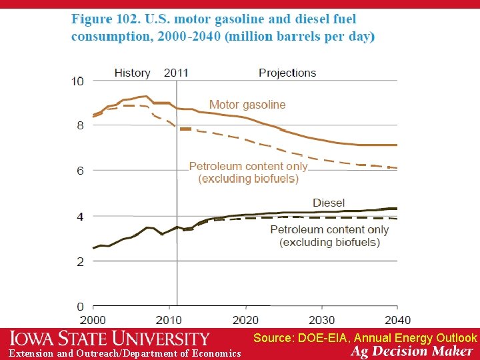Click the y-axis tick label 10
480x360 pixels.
point(78,81)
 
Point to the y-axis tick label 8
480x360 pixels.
point(80,125)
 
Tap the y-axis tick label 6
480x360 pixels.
point(80,171)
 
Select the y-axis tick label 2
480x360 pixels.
point(80,261)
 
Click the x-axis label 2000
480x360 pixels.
point(93,320)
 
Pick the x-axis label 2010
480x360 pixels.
point(170,320)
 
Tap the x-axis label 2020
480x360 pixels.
point(246,320)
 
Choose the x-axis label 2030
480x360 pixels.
point(322,320)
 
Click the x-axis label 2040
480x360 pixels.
point(397,320)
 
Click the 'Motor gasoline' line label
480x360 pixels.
point(247,105)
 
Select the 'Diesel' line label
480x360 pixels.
point(329,203)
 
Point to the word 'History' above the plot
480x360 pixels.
point(132,73)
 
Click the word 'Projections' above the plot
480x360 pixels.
point(287,73)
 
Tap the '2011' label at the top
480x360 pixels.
point(175,73)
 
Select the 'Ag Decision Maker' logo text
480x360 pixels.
point(412,351)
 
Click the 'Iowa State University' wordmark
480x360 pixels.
point(109,339)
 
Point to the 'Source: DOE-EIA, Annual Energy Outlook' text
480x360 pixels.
point(365,338)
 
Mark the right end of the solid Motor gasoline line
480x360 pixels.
point(397,145)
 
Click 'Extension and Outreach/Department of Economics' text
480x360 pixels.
point(125,353)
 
